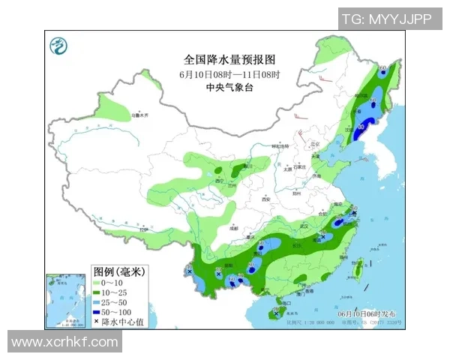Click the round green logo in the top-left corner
click(x=58, y=46)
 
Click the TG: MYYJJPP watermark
click(x=386, y=19)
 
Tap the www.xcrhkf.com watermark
click(x=64, y=342)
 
